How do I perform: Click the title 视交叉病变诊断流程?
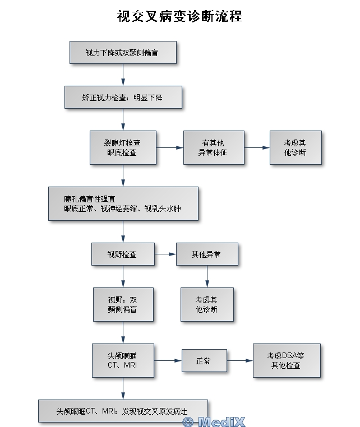[x=179, y=15]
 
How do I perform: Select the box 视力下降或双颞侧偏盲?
[x=123, y=53]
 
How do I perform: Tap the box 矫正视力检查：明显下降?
[x=123, y=97]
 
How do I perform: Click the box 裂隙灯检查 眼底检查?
[x=123, y=147]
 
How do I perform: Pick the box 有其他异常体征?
[x=213, y=147]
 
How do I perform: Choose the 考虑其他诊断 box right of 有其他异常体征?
[x=295, y=147]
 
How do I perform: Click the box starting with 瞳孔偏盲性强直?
[x=123, y=203]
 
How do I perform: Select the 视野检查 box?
[x=123, y=254]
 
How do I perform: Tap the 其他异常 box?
[x=206, y=254]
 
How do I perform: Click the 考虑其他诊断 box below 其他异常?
[x=206, y=304]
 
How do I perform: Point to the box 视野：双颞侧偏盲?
[x=123, y=304]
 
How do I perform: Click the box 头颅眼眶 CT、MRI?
[x=123, y=360]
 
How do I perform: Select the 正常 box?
[x=204, y=360]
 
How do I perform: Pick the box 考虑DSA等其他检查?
[x=286, y=360]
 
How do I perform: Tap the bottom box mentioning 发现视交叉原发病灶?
[x=123, y=411]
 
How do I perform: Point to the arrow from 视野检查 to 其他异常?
[x=165, y=254]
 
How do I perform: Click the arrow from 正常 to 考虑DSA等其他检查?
[x=239, y=360]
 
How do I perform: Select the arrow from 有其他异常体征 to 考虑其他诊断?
[x=257, y=147]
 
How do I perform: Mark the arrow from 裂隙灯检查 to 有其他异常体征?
[x=170, y=147]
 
